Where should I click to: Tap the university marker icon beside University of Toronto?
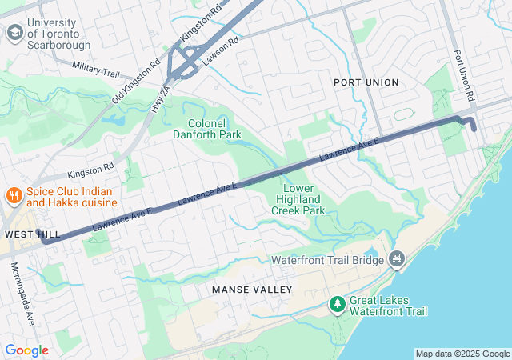(x=14, y=33)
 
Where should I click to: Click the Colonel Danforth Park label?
(x=206, y=129)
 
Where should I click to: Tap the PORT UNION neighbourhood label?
(x=366, y=82)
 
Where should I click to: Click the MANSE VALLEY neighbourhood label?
(x=252, y=289)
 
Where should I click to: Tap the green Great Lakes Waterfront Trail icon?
(x=338, y=304)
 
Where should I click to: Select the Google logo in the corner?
(x=26, y=350)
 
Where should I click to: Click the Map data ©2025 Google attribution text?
(x=462, y=354)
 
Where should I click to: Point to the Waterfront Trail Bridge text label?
(x=328, y=260)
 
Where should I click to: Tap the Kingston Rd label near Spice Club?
(x=90, y=170)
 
